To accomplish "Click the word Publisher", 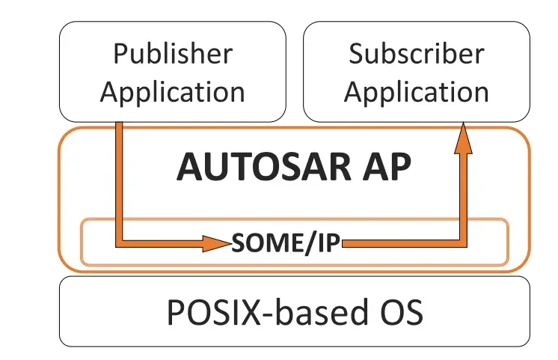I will click(x=172, y=54).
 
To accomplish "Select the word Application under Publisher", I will click(x=172, y=92).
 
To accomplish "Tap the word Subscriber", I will click(x=416, y=54).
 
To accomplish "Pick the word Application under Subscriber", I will click(x=416, y=92).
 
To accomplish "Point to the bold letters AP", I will click(x=386, y=168).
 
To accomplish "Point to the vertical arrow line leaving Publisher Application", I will click(x=119, y=180).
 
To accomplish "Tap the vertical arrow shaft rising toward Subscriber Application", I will click(x=464, y=195).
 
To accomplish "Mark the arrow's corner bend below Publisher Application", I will click(x=120, y=242).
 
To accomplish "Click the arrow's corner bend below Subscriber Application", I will click(x=463, y=242).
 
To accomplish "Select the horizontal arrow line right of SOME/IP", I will click(x=404, y=242).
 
